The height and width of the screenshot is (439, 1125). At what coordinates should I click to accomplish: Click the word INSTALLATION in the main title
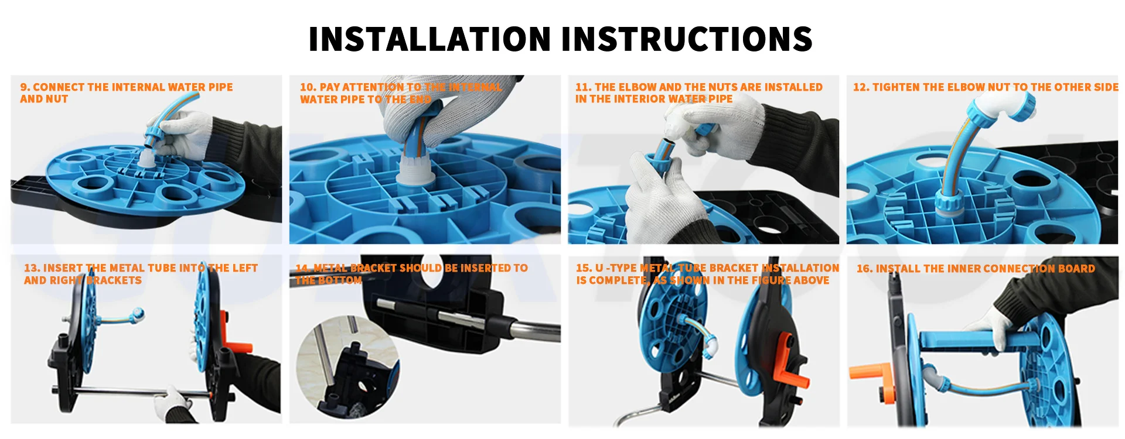point(430,39)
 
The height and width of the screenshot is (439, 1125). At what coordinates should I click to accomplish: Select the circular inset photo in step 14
point(348,367)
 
